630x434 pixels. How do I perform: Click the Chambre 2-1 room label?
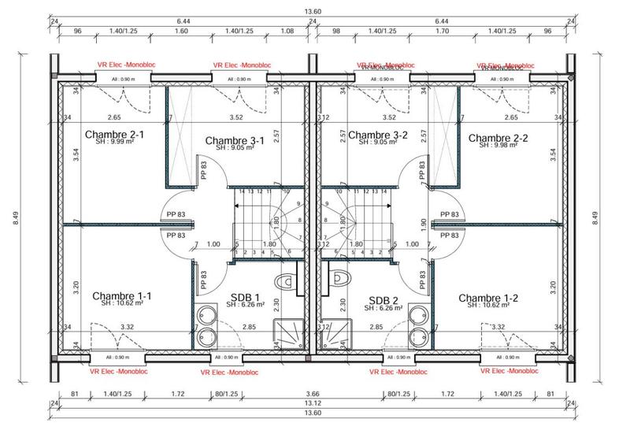tap(113, 134)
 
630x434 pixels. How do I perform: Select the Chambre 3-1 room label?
tap(234, 141)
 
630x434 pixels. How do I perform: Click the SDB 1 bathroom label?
tap(245, 299)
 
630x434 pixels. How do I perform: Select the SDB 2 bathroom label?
tap(384, 299)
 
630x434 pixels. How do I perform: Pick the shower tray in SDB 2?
tap(340, 334)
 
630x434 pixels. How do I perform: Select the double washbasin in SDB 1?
tap(209, 325)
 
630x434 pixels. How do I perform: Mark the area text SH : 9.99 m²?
tap(113, 143)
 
